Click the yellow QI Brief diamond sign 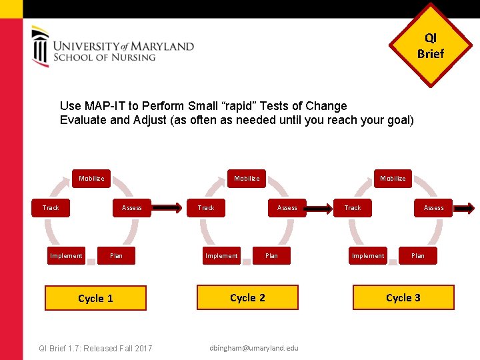click(430, 46)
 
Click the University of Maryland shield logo click(41, 46)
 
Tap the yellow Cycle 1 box click(95, 298)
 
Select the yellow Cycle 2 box click(247, 297)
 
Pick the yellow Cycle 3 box click(403, 297)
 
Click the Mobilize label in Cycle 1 click(91, 178)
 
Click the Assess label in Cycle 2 click(287, 207)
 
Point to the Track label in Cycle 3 click(353, 207)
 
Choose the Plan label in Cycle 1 click(117, 255)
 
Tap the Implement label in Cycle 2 click(221, 255)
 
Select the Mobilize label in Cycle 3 click(393, 178)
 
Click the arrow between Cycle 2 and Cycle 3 click(321, 208)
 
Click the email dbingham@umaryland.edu click(254, 348)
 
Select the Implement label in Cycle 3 click(368, 255)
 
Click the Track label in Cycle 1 click(51, 207)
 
